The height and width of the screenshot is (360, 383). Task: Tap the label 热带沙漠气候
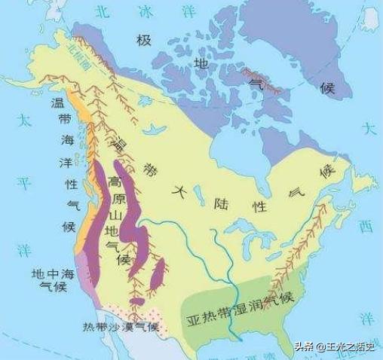120,327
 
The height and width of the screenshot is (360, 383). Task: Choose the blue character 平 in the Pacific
23,183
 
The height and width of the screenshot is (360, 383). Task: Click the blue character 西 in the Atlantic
366,225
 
